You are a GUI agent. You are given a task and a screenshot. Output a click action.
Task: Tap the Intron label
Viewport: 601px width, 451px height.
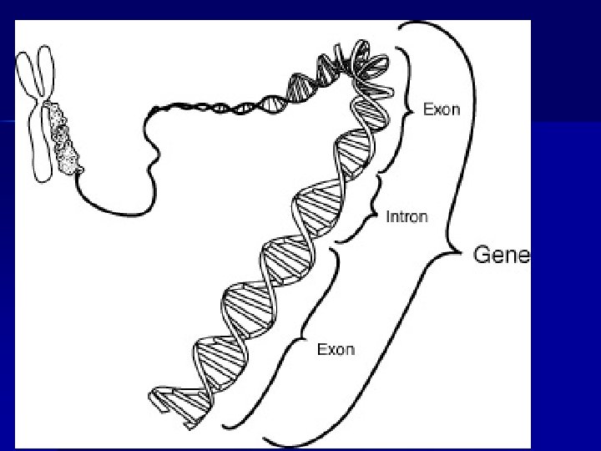407,217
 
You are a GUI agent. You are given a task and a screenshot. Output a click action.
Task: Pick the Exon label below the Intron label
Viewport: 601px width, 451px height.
336,349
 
